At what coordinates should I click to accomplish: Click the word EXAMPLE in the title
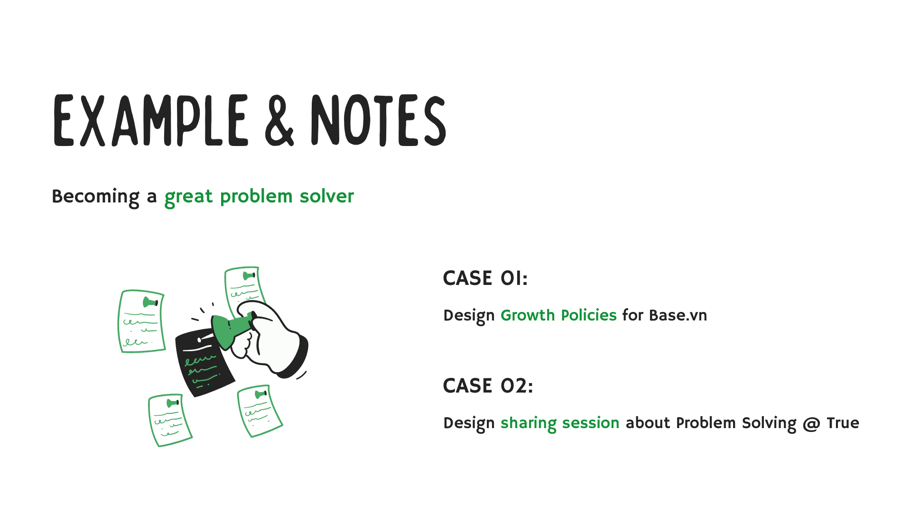[151, 120]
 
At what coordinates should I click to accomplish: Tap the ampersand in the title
[279, 120]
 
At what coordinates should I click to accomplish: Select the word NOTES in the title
[378, 120]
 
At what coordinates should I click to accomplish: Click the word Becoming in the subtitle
[95, 197]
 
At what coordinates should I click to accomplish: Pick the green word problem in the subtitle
[256, 197]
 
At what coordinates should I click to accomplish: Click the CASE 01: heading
[485, 278]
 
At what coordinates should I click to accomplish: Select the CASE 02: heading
[488, 386]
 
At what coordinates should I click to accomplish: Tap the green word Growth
[528, 315]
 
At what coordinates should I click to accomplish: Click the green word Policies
[588, 315]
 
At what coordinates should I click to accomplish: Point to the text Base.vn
[678, 315]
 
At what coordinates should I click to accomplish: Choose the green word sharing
[528, 423]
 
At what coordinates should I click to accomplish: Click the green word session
[590, 423]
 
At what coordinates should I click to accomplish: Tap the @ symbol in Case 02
[811, 423]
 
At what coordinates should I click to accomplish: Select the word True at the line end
[843, 423]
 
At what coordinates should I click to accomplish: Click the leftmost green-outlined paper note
[141, 321]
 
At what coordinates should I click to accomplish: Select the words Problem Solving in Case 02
[736, 423]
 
